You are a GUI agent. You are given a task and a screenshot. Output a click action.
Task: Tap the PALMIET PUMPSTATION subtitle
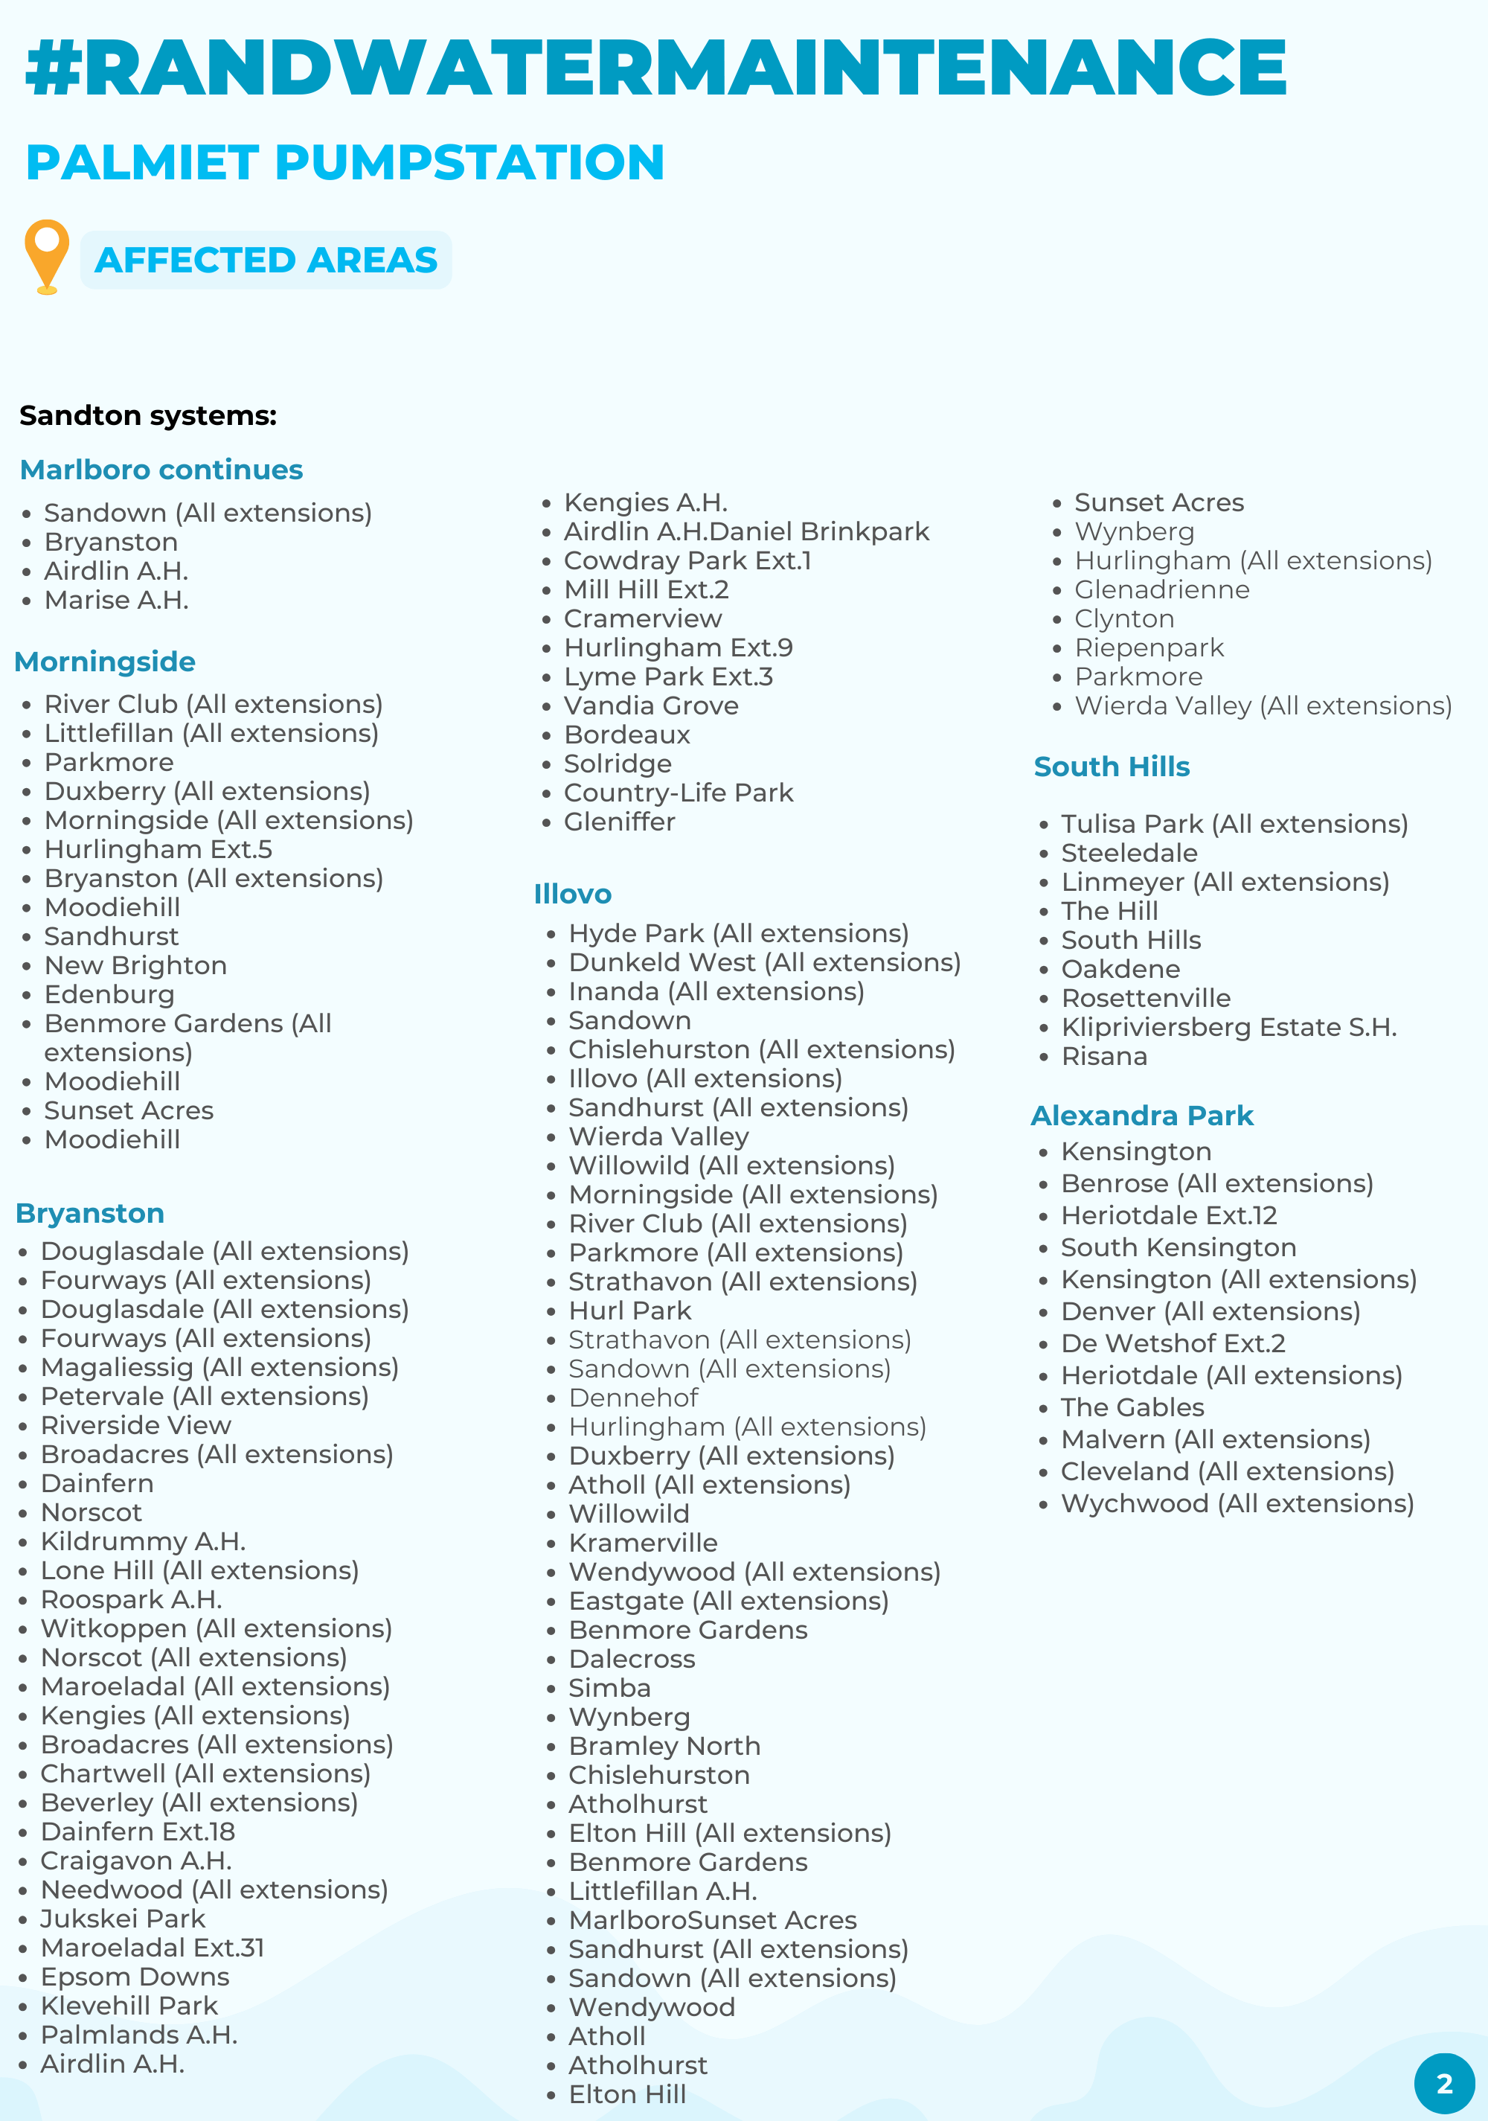click(344, 162)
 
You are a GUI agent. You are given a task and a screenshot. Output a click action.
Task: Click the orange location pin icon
click(46, 256)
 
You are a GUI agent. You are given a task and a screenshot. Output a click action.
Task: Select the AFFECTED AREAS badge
click(266, 260)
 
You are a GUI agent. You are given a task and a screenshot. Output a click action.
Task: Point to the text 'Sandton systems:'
click(148, 416)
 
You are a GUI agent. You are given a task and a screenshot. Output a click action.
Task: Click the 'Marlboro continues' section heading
click(161, 470)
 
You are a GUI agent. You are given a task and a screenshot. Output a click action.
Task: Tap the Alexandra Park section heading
click(1141, 1115)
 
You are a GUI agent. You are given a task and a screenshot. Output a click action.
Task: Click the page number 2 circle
click(1443, 2083)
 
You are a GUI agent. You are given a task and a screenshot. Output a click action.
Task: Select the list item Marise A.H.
click(116, 601)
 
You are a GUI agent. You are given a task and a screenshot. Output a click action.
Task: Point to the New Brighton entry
click(135, 965)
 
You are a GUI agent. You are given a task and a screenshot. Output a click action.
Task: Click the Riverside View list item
click(135, 1425)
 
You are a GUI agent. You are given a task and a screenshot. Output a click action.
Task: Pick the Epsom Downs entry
click(135, 1976)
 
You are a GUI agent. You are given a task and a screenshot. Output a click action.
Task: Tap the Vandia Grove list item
click(651, 706)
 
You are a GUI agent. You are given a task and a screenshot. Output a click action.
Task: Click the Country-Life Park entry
click(678, 793)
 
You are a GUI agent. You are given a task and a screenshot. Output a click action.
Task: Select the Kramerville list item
click(643, 1543)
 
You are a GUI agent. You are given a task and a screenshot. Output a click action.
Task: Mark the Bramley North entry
click(664, 1746)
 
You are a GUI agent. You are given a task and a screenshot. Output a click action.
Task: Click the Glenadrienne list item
click(1161, 589)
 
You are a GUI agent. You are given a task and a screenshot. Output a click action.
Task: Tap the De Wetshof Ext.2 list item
click(1173, 1343)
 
